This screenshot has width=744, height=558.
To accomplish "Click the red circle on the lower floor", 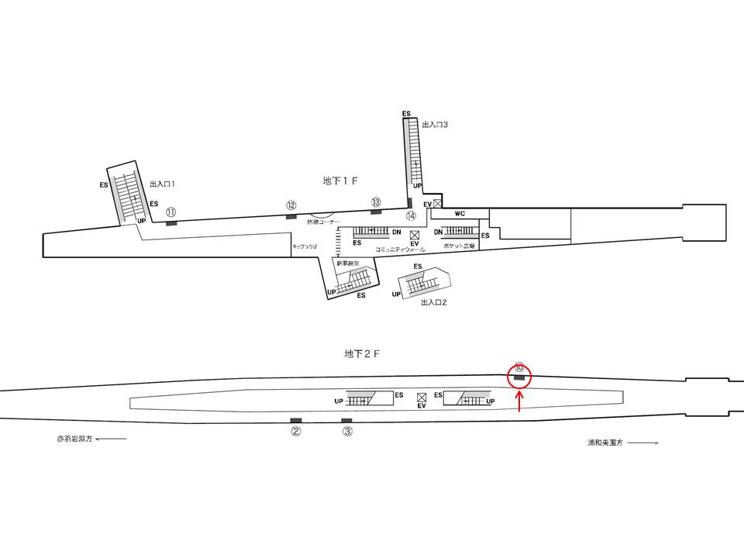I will [519, 376].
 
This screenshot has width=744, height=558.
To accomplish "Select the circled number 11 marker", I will [170, 212].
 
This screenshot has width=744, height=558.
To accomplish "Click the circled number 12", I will [291, 205].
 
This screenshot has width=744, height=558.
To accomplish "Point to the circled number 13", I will [376, 202].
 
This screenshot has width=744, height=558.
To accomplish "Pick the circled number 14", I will [411, 216].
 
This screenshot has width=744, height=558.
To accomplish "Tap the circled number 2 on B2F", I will [296, 432].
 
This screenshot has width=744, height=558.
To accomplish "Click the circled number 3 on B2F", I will [347, 432].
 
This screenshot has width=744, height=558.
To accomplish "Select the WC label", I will [460, 213].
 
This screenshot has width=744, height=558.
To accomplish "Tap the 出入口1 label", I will [163, 184].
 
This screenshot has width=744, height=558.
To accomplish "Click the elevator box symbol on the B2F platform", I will [422, 396].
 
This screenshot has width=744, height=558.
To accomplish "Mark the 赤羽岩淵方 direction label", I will [74, 439].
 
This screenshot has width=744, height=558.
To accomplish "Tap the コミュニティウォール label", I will [400, 250].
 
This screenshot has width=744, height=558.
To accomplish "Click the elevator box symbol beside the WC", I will [438, 204].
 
